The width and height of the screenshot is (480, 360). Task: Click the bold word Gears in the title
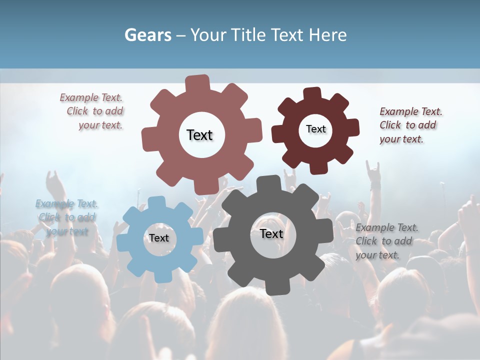click(147, 35)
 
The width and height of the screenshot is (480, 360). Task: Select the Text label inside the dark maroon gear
click(315, 129)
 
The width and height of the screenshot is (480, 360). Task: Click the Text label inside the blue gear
click(159, 238)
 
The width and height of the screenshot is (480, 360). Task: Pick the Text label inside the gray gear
click(271, 233)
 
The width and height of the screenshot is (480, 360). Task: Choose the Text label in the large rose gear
click(199, 135)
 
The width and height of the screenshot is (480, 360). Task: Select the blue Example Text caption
click(66, 217)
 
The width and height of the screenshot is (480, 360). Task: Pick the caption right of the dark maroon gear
click(410, 125)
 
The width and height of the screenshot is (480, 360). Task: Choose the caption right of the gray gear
click(386, 241)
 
